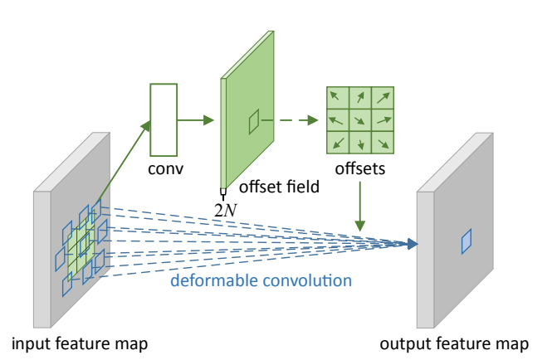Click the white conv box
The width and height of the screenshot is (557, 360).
(164, 119)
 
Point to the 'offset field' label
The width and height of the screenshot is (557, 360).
(279, 187)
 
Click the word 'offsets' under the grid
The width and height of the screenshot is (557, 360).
(359, 169)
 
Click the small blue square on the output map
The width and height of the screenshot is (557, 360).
(467, 241)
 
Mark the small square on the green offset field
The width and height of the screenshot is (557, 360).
(254, 121)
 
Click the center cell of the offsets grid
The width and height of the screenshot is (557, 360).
(359, 120)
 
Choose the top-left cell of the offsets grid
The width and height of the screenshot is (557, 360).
(337, 98)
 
